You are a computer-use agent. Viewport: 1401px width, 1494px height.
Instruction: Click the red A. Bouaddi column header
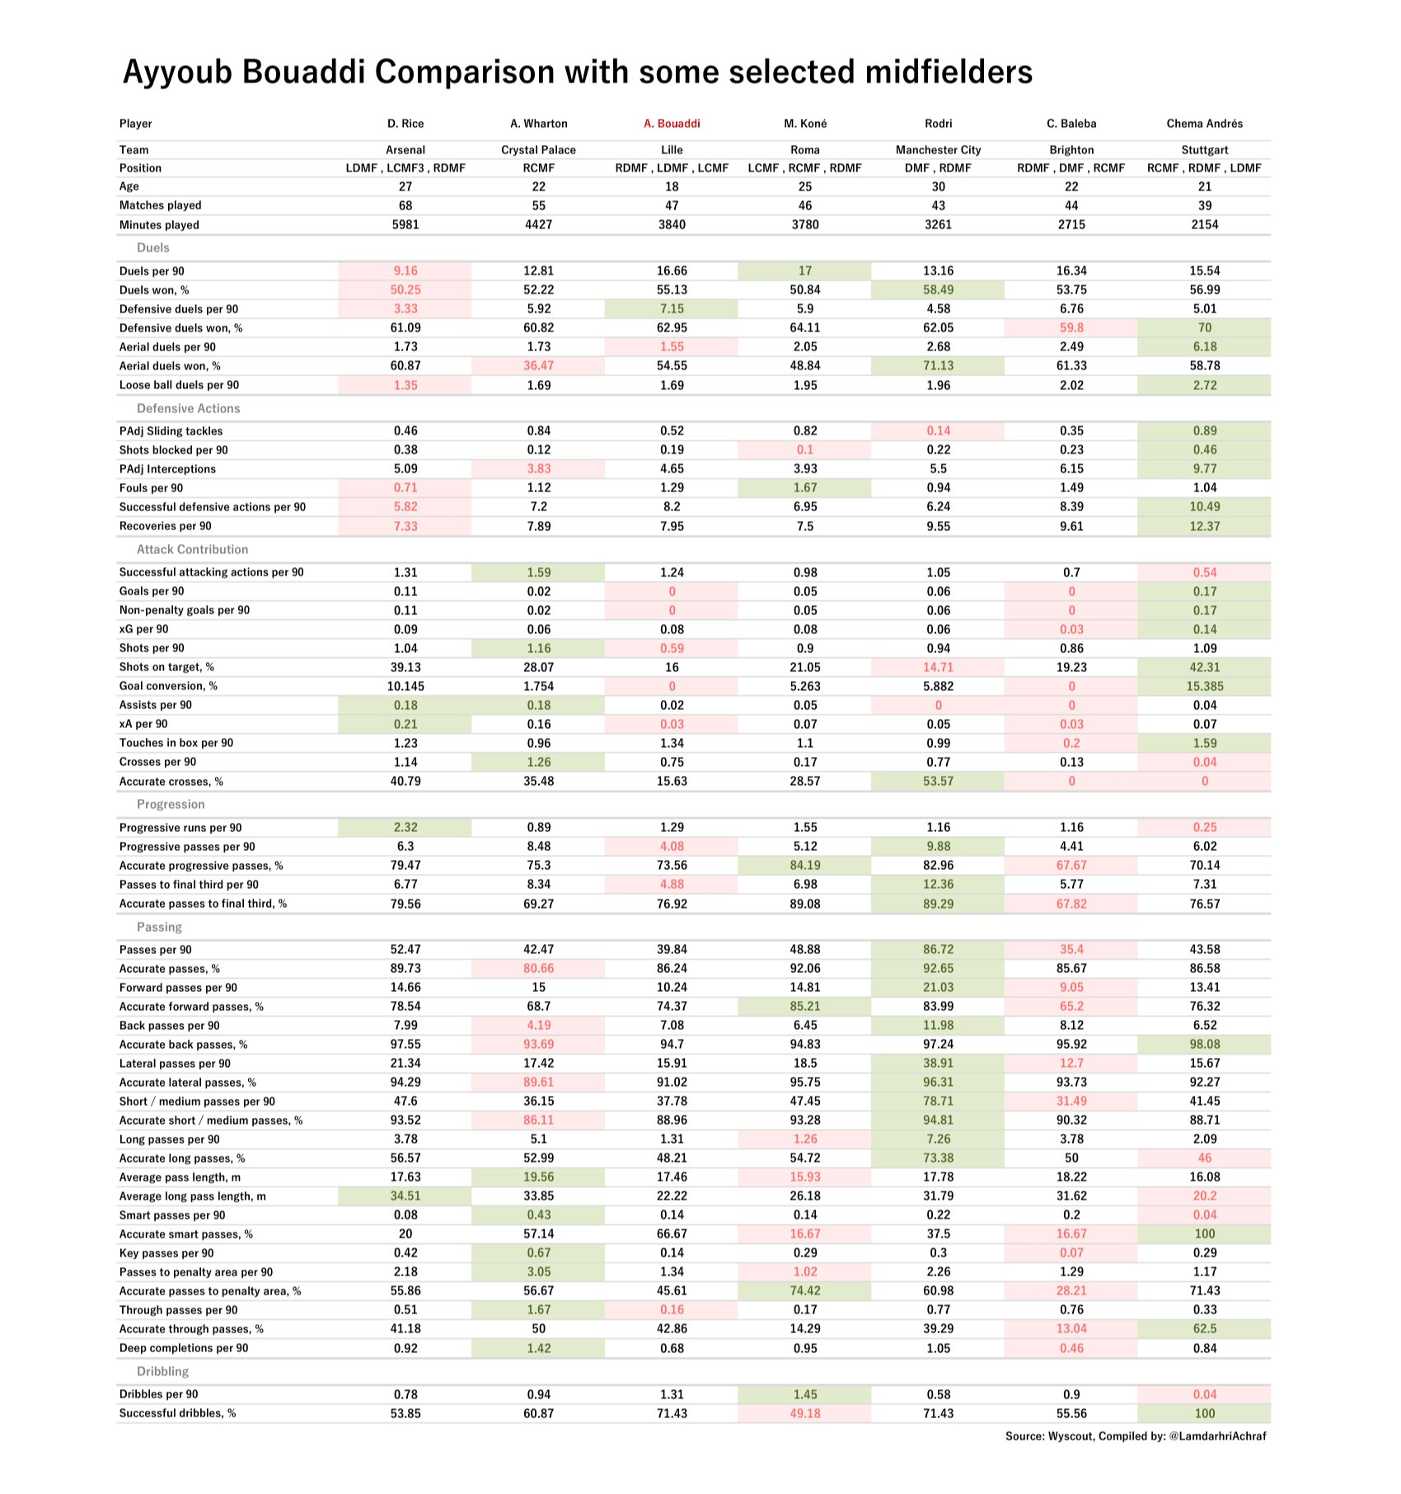click(x=672, y=124)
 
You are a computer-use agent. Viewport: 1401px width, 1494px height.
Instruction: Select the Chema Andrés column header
click(x=1204, y=124)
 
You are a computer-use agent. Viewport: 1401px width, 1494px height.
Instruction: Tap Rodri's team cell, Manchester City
click(x=938, y=150)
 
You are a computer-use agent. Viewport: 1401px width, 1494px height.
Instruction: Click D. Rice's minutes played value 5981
click(x=405, y=224)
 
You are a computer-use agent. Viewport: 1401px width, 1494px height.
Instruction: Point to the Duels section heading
click(x=153, y=247)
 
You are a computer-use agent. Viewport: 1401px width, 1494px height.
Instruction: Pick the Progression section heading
click(x=171, y=804)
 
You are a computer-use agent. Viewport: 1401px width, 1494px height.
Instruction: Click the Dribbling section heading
click(x=162, y=1371)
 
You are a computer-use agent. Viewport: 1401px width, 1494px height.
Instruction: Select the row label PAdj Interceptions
click(x=167, y=469)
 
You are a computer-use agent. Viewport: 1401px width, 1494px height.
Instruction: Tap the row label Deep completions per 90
click(x=184, y=1348)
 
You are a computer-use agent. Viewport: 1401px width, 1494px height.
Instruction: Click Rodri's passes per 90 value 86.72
click(x=938, y=950)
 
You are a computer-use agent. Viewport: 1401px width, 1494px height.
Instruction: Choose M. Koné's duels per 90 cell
click(x=805, y=270)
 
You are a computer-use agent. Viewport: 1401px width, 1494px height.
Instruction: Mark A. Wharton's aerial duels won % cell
click(x=538, y=366)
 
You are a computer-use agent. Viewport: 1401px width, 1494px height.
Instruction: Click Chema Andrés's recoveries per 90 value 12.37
click(x=1204, y=526)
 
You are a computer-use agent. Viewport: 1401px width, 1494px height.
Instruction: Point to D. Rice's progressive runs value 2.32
click(x=405, y=827)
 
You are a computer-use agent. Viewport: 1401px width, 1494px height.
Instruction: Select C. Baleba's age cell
click(x=1071, y=186)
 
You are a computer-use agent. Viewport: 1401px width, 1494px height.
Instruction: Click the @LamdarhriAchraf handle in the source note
click(x=1217, y=1435)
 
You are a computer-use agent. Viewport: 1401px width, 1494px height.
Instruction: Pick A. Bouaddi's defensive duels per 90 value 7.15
click(x=672, y=309)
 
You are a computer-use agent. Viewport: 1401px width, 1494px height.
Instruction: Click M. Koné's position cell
click(x=805, y=168)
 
